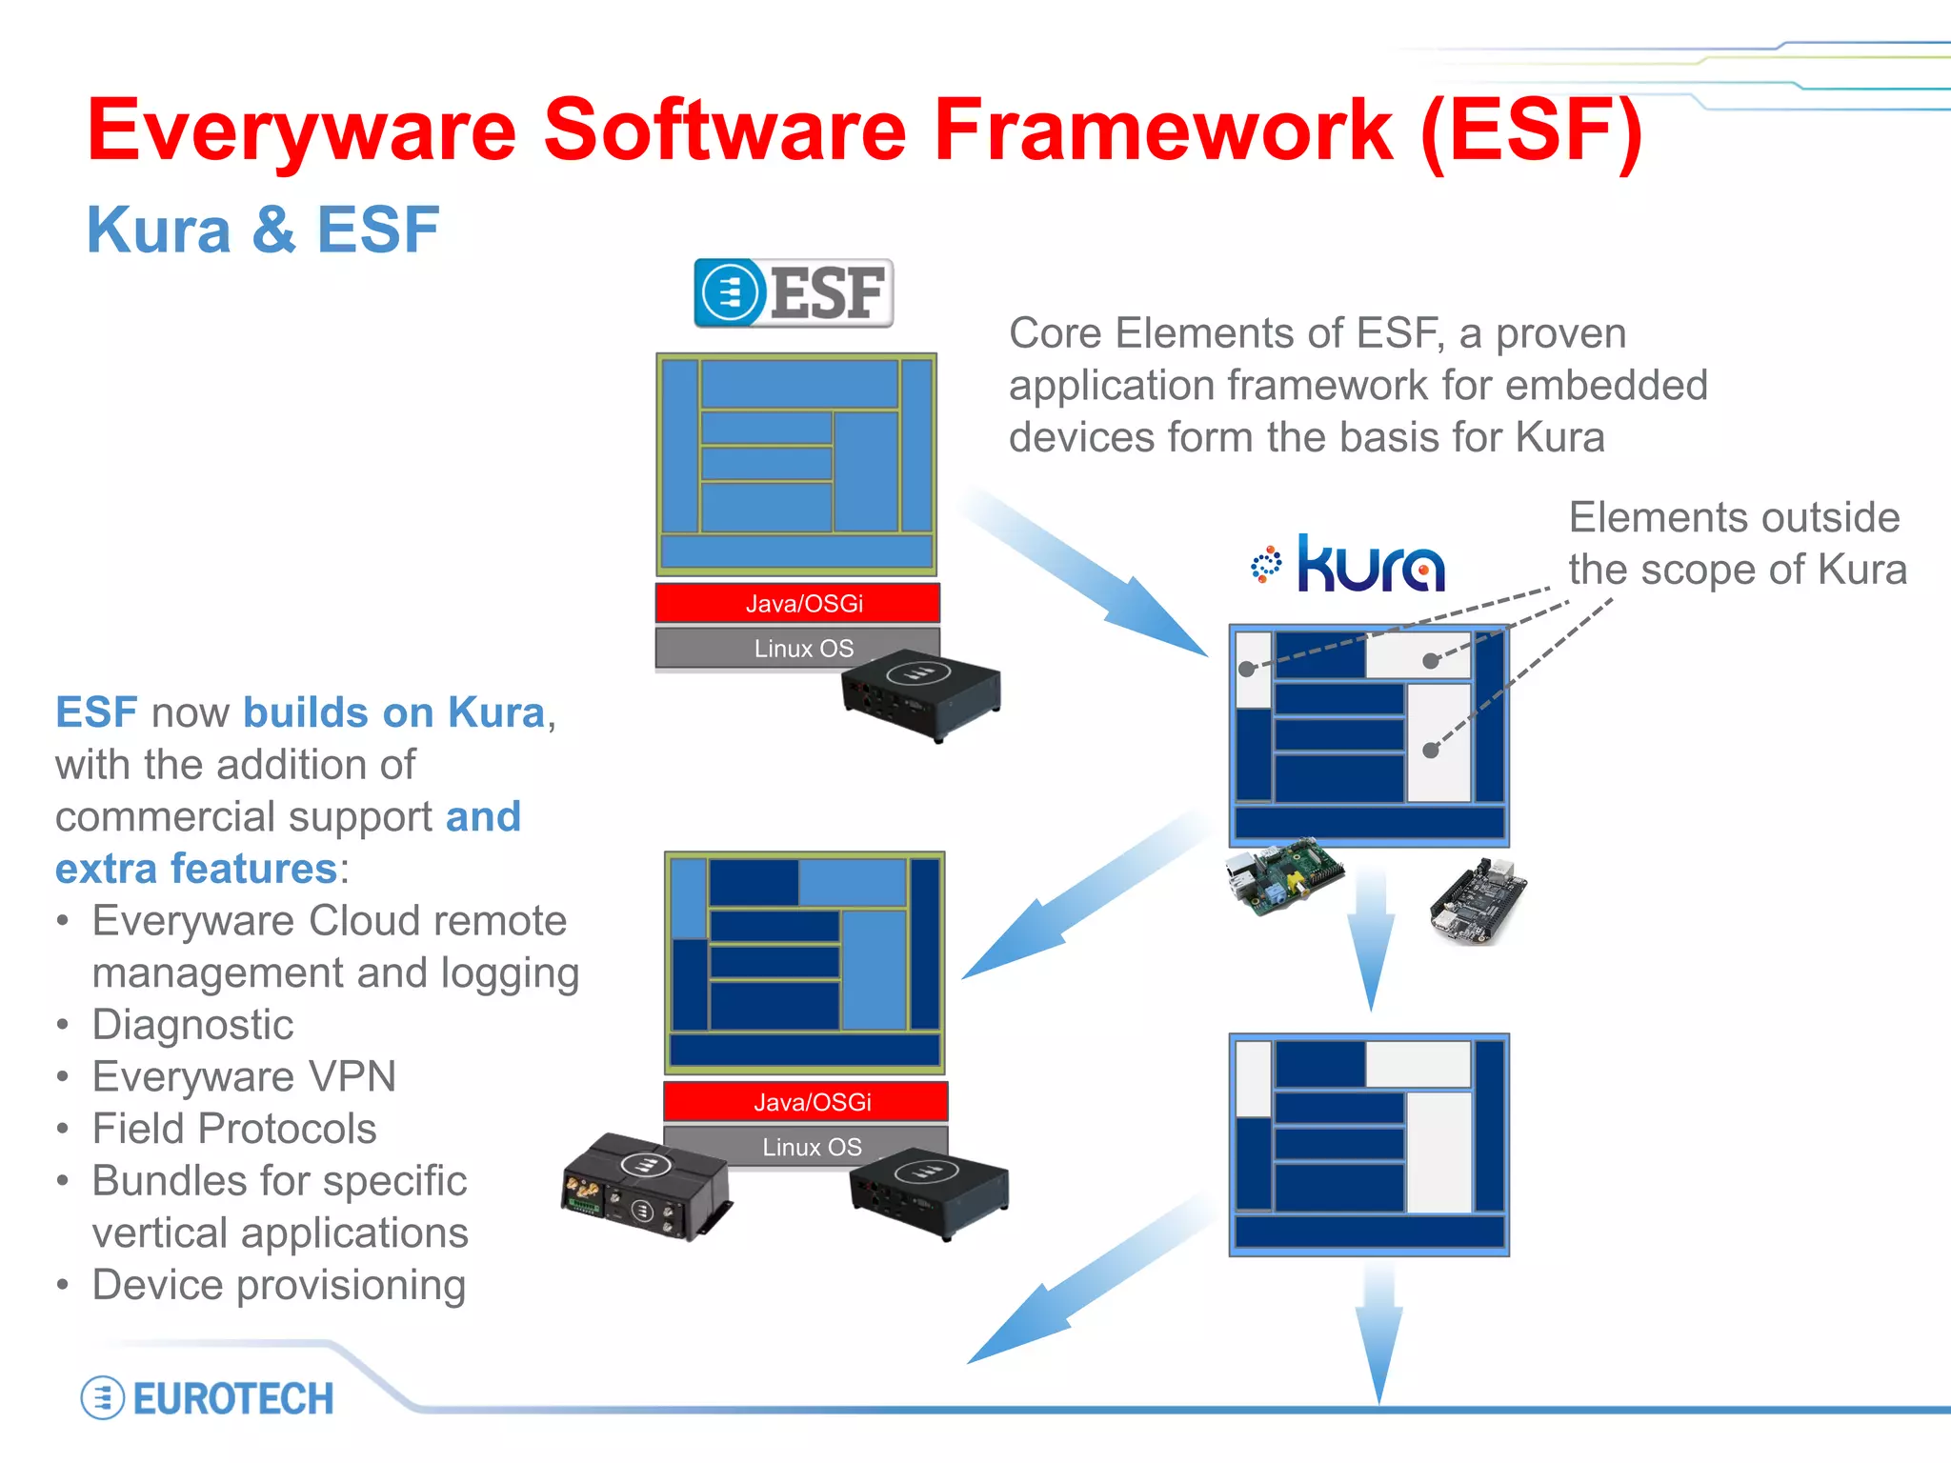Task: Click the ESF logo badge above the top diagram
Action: pos(793,292)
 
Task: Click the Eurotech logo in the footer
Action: pos(208,1398)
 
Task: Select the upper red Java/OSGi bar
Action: pos(797,603)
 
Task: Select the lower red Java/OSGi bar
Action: pos(805,1102)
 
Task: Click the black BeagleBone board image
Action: pos(1478,901)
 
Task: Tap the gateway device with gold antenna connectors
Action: pos(645,1186)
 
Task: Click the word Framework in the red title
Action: pos(1163,130)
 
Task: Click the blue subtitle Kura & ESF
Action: pos(262,230)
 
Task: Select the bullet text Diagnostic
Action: pos(192,1025)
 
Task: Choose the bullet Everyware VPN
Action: pos(244,1077)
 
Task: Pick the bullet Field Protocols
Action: pos(234,1130)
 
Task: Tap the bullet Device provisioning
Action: pos(278,1286)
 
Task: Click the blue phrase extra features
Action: pos(196,869)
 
